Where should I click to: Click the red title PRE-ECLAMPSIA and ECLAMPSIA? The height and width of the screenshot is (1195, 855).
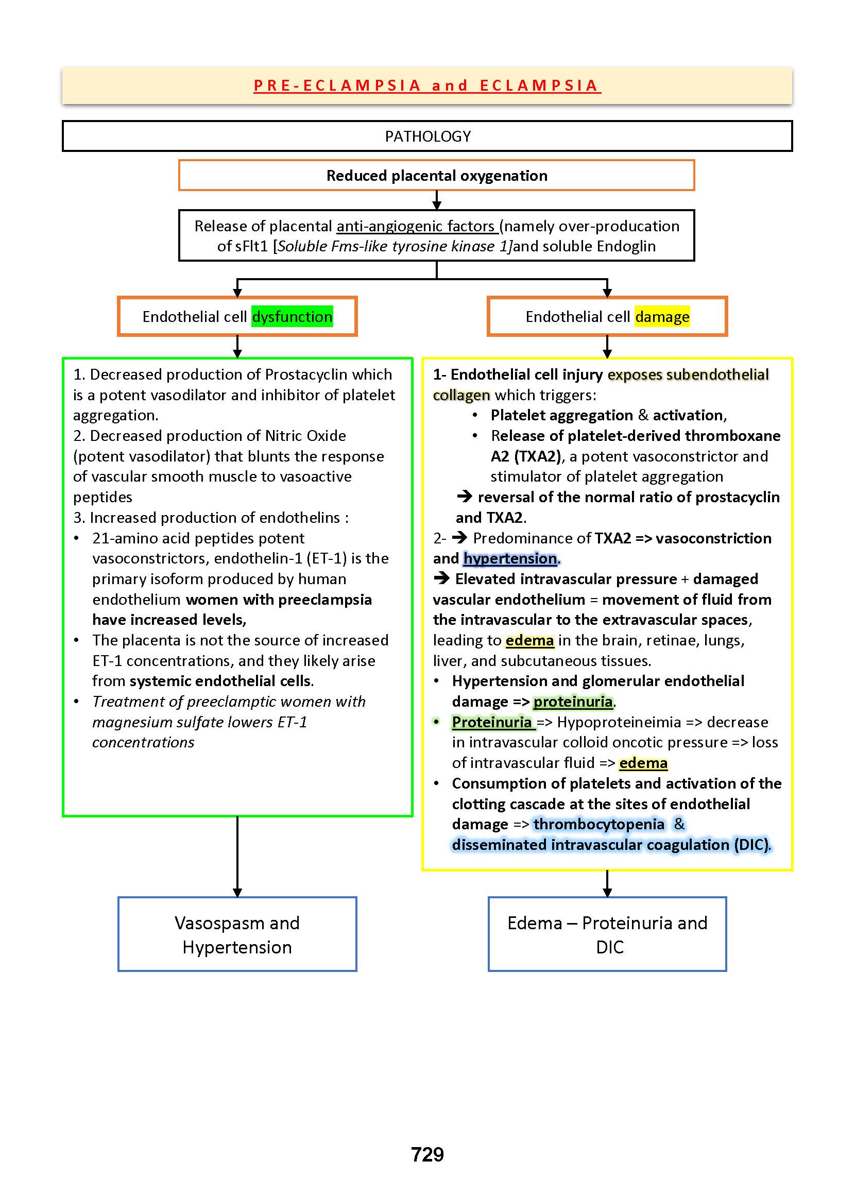pos(427,86)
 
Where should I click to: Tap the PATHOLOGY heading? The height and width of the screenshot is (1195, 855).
pos(427,136)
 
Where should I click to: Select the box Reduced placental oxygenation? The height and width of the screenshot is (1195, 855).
pos(436,175)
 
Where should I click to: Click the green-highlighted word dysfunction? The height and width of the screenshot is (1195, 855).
pos(292,316)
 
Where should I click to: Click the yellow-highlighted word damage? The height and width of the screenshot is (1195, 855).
pos(662,316)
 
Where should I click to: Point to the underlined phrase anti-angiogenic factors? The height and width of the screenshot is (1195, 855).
pos(416,226)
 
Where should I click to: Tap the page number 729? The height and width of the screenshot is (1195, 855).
pos(427,1154)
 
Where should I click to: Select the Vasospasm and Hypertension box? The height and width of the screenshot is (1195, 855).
pos(237,934)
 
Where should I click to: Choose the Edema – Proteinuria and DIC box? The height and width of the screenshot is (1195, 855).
pos(607,934)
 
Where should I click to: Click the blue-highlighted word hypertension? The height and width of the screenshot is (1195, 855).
pos(509,558)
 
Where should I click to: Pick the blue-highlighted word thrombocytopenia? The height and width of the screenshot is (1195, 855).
pos(598,824)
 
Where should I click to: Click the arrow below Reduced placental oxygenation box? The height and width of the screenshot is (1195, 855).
pos(436,200)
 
